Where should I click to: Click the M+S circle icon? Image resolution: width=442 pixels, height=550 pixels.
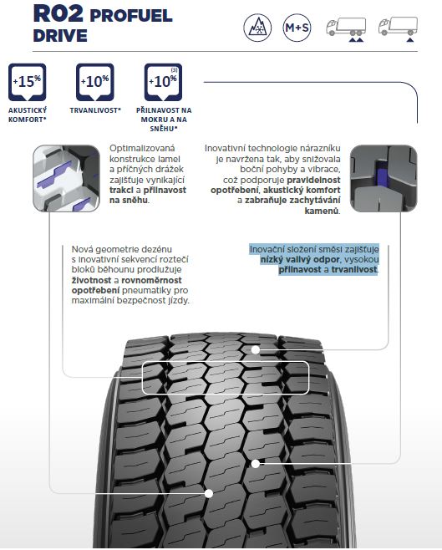point(297,28)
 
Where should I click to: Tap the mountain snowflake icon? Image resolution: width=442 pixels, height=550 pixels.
point(257,28)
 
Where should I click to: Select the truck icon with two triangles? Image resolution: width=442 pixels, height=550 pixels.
point(346,29)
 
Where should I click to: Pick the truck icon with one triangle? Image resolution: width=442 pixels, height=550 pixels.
point(398,29)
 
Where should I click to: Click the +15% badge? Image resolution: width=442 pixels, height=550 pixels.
point(28,82)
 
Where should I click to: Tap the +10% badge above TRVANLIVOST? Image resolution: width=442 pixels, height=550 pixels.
point(95,82)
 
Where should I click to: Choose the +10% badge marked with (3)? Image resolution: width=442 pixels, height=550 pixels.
point(163,82)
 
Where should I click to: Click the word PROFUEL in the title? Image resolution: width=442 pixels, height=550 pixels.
point(131,16)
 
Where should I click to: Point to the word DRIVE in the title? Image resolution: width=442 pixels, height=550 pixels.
point(60,36)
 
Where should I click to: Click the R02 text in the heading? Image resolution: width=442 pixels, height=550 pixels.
point(58,13)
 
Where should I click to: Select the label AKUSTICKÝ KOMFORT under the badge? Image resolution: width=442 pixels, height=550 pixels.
point(28,115)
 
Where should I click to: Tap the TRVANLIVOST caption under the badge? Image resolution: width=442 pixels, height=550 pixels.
point(95,110)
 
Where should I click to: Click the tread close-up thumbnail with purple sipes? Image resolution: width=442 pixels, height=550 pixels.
point(66,179)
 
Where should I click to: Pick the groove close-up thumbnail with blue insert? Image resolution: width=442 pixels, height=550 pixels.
point(384,179)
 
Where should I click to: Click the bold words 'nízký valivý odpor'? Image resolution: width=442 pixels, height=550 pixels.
point(300,260)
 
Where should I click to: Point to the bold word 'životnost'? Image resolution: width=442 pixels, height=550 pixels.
point(91,280)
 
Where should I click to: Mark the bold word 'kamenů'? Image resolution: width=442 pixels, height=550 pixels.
point(322,211)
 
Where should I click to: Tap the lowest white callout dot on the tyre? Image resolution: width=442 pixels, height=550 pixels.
point(209,493)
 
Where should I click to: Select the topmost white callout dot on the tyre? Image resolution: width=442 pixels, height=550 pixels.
point(256,349)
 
